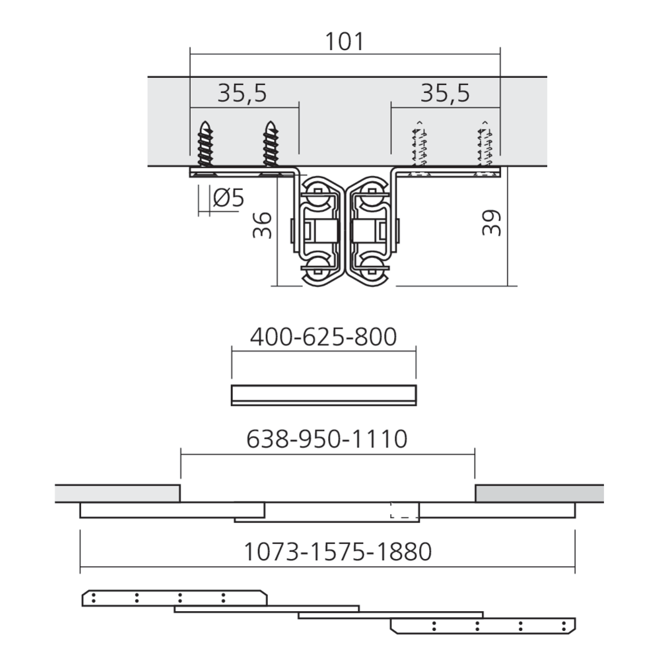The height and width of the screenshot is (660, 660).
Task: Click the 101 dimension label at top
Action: pos(345,42)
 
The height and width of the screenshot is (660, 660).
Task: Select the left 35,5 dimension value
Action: pos(242,94)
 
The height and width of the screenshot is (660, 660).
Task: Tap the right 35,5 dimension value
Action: pos(445,94)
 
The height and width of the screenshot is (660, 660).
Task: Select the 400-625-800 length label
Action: pos(323,337)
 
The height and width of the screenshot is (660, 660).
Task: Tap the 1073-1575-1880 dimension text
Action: pos(338,551)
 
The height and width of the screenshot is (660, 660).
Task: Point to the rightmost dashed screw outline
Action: pos(485,147)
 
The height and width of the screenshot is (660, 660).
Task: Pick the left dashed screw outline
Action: pos(417,147)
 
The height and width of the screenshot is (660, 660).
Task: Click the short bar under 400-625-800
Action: pos(324,394)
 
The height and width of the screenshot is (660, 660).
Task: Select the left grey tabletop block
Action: pos(117,493)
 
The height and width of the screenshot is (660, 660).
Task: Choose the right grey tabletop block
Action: pos(539,493)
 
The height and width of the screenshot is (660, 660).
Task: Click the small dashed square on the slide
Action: pos(399,511)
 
